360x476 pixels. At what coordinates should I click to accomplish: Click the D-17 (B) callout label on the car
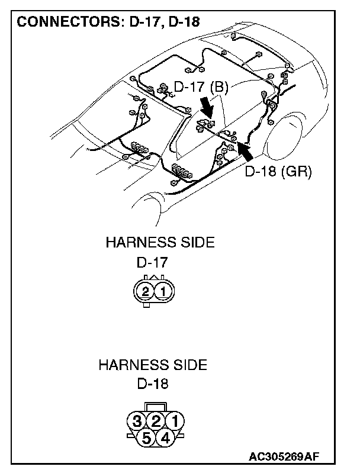coord(201,87)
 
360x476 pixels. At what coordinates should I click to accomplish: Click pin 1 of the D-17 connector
coord(164,291)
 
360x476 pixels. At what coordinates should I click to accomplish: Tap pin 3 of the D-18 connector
coord(137,422)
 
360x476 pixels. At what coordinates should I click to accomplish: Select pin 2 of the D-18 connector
coord(156,422)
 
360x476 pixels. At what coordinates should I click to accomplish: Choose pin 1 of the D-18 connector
coord(174,422)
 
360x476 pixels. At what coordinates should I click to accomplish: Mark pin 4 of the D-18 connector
coord(165,438)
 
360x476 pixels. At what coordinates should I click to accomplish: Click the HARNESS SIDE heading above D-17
coord(159,242)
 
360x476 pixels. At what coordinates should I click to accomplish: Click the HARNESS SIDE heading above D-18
coord(153,365)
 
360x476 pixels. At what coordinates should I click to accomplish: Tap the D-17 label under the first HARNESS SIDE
coord(152,262)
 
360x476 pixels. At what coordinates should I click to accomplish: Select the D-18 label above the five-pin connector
coord(152,384)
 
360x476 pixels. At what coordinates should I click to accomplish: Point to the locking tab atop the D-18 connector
coord(156,406)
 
